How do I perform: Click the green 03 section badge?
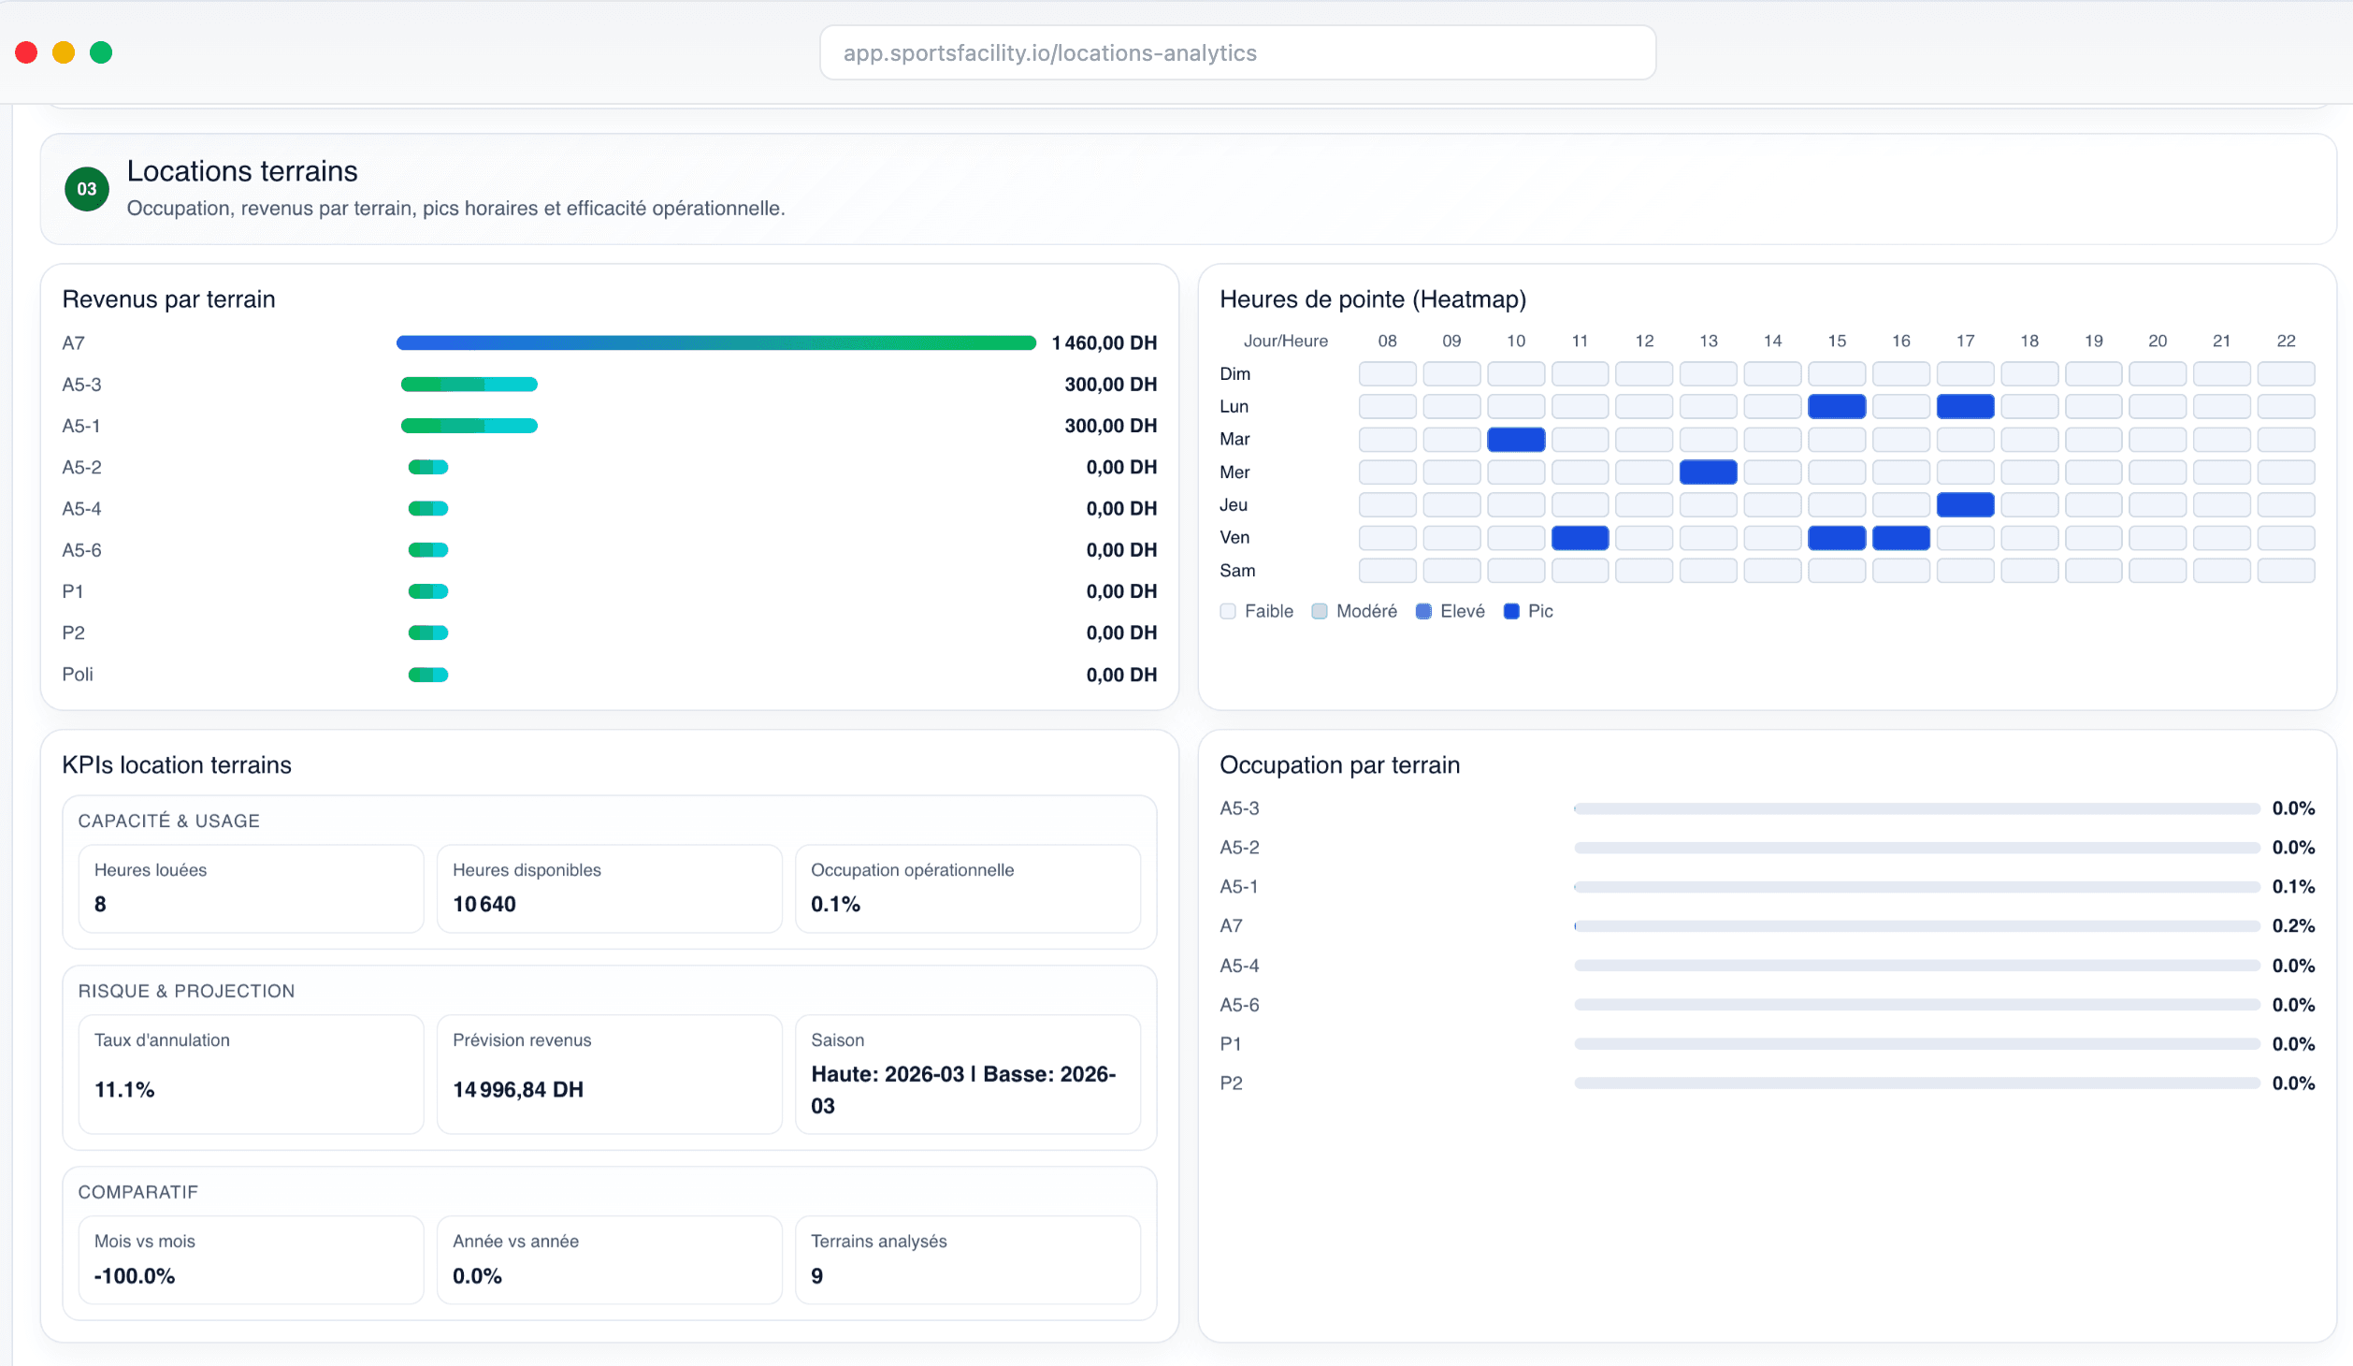pyautogui.click(x=87, y=189)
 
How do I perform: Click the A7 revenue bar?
pyautogui.click(x=715, y=343)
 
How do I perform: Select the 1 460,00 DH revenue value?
pyautogui.click(x=1104, y=343)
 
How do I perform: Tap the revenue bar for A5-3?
pyautogui.click(x=469, y=385)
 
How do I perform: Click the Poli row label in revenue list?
pyautogui.click(x=78, y=675)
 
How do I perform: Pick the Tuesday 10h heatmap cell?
pyautogui.click(x=1515, y=439)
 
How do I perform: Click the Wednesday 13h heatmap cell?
pyautogui.click(x=1708, y=472)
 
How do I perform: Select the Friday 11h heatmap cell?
pyautogui.click(x=1580, y=538)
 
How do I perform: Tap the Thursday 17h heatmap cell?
pyautogui.click(x=1965, y=505)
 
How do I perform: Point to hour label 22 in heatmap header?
pyautogui.click(x=2286, y=341)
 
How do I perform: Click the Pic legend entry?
pyautogui.click(x=1529, y=611)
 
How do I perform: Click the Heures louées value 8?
pyautogui.click(x=100, y=904)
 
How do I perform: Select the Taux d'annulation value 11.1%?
pyautogui.click(x=124, y=1089)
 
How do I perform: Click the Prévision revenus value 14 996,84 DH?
pyautogui.click(x=518, y=1089)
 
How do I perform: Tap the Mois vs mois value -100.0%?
pyautogui.click(x=135, y=1276)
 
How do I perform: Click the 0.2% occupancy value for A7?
pyautogui.click(x=2293, y=926)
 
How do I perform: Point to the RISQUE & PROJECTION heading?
pyautogui.click(x=186, y=991)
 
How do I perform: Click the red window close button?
pyautogui.click(x=26, y=52)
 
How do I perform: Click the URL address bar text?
pyautogui.click(x=1049, y=53)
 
